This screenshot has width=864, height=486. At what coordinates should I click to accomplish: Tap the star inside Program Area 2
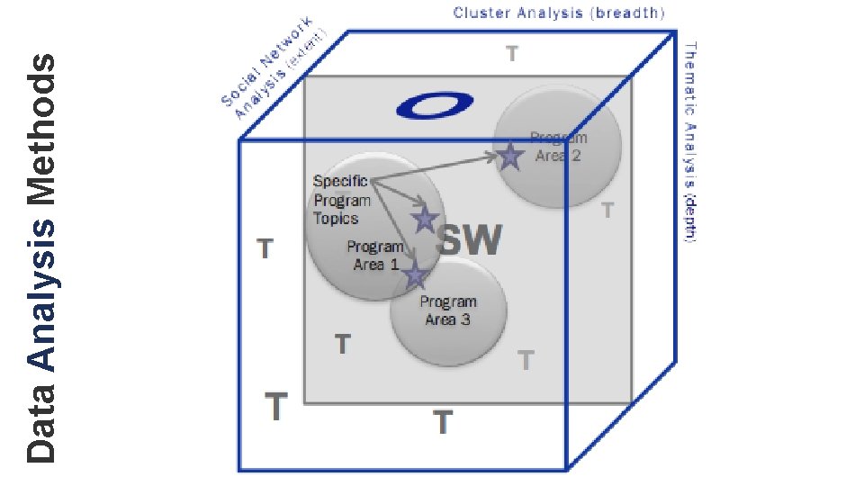(x=510, y=157)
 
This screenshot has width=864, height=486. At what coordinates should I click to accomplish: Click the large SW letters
(x=469, y=241)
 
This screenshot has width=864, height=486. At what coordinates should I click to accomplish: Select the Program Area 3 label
(x=448, y=310)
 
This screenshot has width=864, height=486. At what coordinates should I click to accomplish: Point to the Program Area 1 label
(x=375, y=256)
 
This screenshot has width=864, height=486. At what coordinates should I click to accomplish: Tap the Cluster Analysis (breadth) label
(x=558, y=13)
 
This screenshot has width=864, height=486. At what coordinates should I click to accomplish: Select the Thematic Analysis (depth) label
(x=690, y=141)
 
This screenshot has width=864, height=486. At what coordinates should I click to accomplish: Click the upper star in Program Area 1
(x=425, y=219)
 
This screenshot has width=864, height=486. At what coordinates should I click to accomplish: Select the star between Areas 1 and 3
(x=414, y=275)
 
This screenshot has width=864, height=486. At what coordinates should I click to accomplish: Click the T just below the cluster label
(x=511, y=54)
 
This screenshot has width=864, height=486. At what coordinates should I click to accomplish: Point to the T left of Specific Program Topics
(x=265, y=247)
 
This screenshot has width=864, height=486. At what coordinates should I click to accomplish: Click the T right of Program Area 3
(x=526, y=361)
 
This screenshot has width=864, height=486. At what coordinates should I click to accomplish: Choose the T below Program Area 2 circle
(x=607, y=211)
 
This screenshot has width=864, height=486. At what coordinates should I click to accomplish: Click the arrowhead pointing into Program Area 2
(x=493, y=157)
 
